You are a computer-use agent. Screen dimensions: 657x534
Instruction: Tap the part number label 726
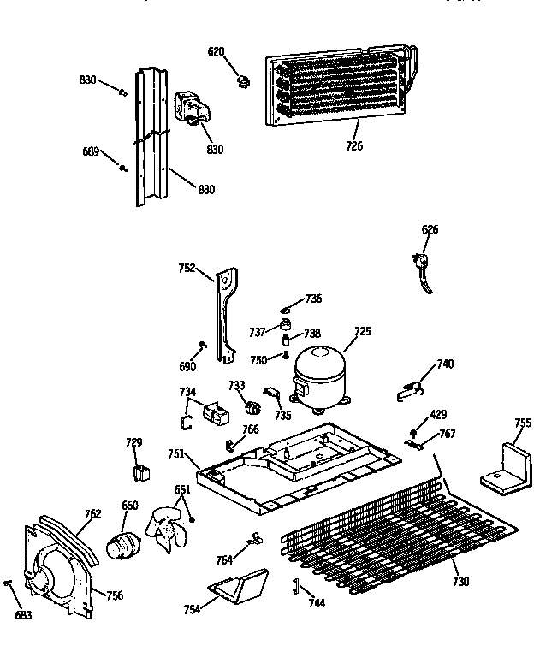[x=353, y=146]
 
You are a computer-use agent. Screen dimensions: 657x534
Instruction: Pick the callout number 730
[x=460, y=583]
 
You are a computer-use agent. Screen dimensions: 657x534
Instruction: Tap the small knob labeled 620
[x=244, y=81]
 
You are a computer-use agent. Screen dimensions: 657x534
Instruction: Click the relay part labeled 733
[x=252, y=407]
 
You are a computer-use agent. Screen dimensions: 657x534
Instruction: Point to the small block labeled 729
[x=139, y=471]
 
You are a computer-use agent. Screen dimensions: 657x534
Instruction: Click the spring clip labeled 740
[x=412, y=388]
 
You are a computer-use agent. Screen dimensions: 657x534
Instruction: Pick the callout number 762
[x=92, y=514]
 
